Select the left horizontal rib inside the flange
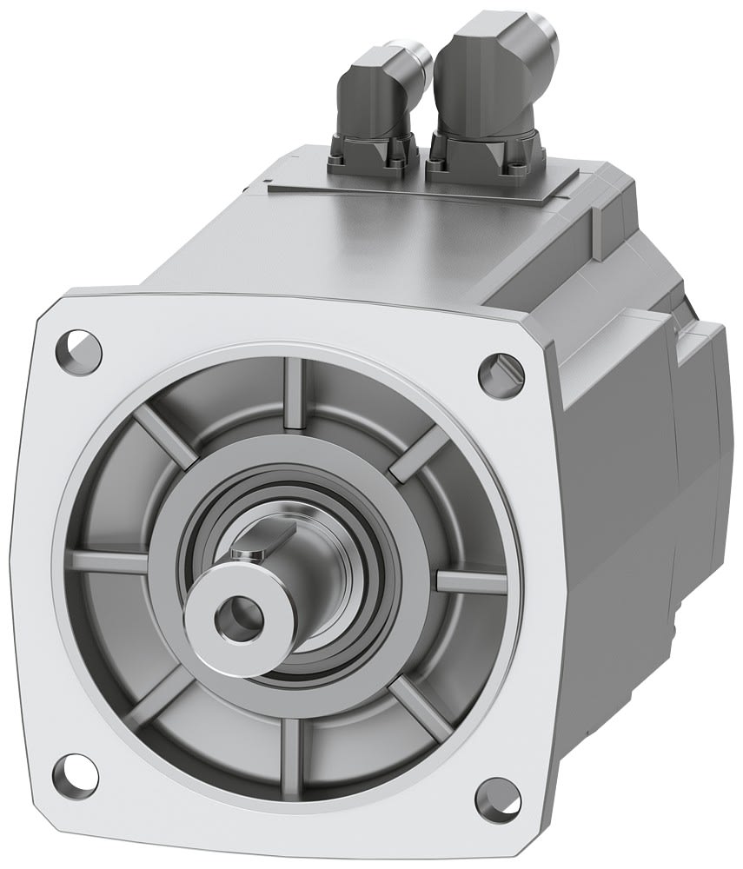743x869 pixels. (x=109, y=561)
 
